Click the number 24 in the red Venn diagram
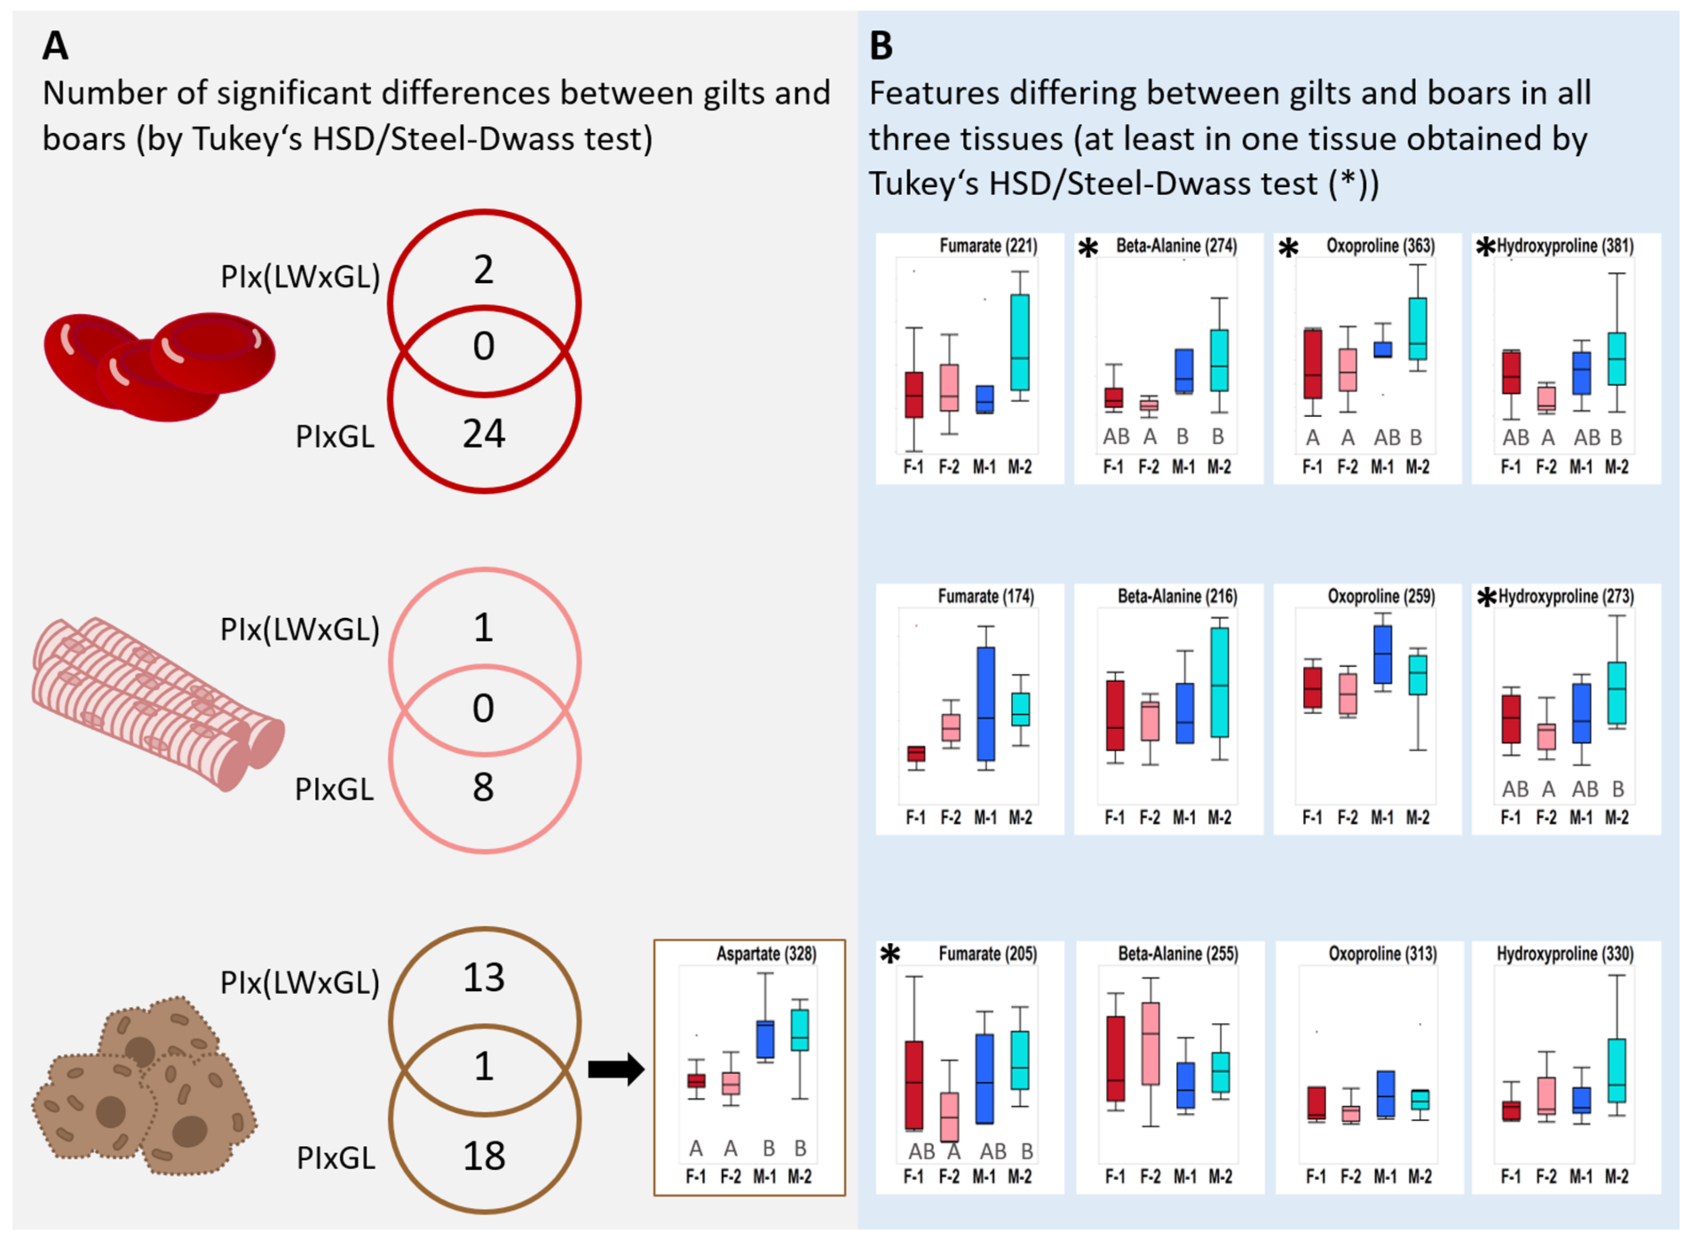pyautogui.click(x=483, y=434)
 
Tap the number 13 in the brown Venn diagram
pyautogui.click(x=483, y=977)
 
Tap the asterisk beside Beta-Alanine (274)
pyautogui.click(x=1087, y=248)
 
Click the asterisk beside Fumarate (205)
pyautogui.click(x=890, y=955)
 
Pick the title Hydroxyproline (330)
pyautogui.click(x=1565, y=953)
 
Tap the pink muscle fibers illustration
pyautogui.click(x=158, y=703)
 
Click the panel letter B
pyautogui.click(x=881, y=47)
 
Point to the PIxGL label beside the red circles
pyautogui.click(x=335, y=436)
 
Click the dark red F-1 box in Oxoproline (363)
pyautogui.click(x=1312, y=364)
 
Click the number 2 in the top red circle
pyautogui.click(x=483, y=269)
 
